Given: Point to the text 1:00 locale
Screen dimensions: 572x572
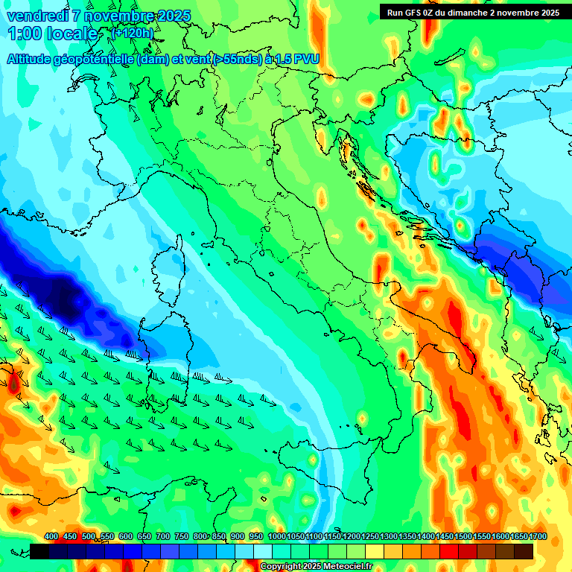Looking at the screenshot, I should click(53, 34).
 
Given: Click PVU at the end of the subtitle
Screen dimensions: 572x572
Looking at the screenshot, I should click(306, 60).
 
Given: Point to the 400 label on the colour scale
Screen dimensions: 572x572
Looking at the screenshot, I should click(51, 536).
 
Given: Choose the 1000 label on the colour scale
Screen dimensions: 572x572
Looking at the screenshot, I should click(276, 536).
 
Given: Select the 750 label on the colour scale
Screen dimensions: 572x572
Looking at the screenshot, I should click(182, 536).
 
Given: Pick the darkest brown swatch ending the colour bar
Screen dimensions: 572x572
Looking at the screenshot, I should click(524, 551).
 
